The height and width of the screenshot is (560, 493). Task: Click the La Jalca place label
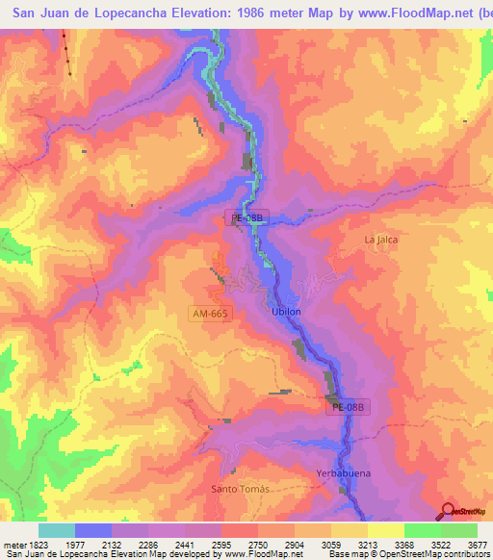[381, 240]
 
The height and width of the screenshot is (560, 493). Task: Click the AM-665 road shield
[209, 315]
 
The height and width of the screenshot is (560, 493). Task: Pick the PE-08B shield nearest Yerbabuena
[348, 408]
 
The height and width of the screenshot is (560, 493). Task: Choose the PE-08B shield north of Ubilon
[246, 218]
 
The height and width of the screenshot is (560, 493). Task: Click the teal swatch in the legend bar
[57, 530]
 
